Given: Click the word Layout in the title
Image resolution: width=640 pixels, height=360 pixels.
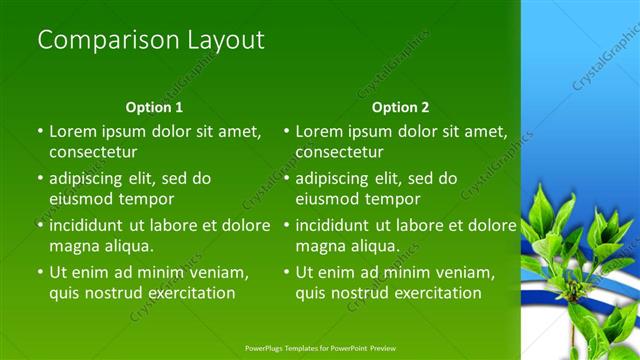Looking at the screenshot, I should coord(225,40).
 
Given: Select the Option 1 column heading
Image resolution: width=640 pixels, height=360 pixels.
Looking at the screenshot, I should coord(154,107).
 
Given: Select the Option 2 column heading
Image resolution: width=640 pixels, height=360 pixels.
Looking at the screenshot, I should coord(400,107).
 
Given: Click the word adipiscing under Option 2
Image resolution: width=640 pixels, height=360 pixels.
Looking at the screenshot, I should coord(338,179).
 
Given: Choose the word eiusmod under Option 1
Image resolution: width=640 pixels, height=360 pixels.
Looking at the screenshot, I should coord(81,199).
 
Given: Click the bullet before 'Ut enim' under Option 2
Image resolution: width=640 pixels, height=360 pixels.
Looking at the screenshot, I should coord(286,272).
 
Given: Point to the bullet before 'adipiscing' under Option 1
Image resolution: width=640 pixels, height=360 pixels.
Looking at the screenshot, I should coord(40,179).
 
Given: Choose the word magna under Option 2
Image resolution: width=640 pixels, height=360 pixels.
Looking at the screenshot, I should coord(321,246).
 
